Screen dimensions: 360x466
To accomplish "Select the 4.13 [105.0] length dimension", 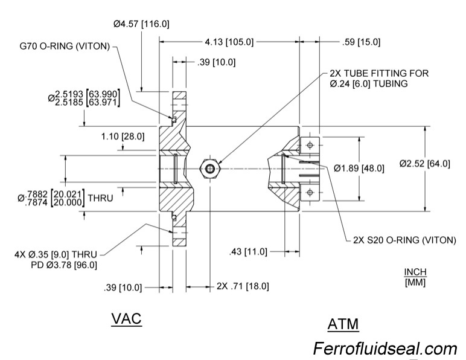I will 229,42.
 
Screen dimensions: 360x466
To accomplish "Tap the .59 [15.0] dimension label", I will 361,42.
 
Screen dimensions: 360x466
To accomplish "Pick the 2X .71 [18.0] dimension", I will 242,286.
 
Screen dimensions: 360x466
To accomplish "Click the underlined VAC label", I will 126,320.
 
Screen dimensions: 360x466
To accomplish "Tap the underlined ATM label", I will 342,324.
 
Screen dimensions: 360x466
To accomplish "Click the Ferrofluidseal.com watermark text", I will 385,349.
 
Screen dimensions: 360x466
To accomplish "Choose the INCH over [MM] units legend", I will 416,277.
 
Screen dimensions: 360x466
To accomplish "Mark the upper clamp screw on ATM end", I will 310,145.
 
